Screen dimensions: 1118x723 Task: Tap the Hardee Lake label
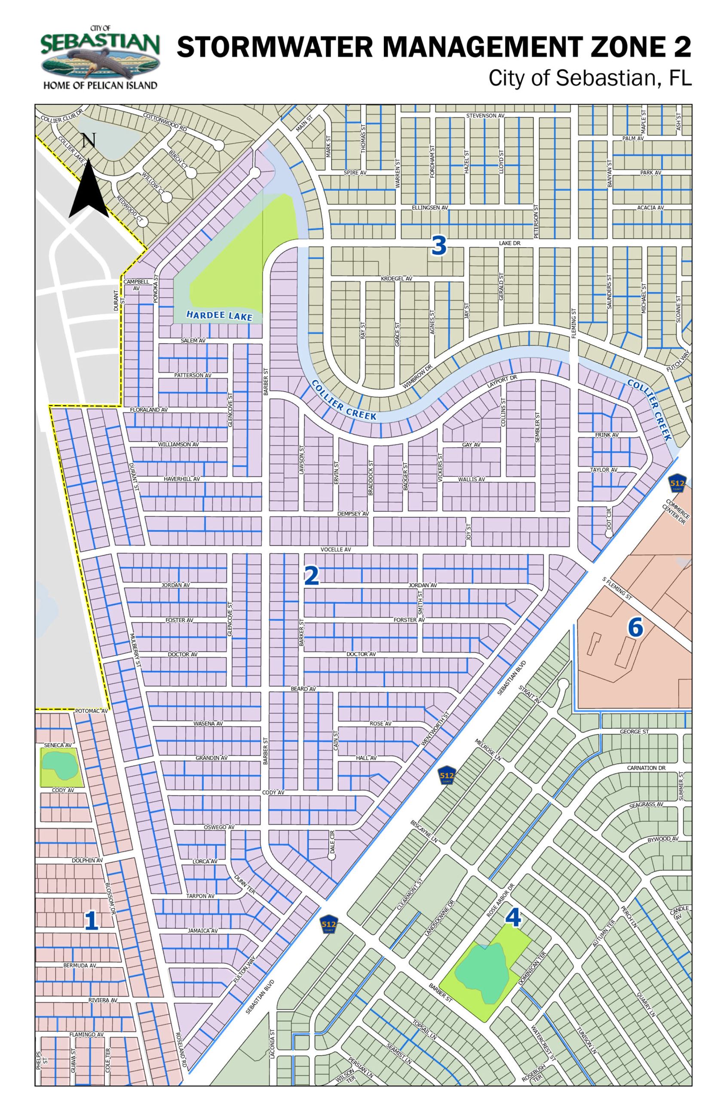[219, 316]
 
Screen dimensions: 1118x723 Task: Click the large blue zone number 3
[439, 246]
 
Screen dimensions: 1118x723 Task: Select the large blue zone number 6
[635, 627]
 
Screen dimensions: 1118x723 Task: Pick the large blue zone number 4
[513, 917]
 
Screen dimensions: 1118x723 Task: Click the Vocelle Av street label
[336, 550]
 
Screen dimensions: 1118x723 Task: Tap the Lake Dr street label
[509, 243]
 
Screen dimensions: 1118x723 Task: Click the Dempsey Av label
[353, 514]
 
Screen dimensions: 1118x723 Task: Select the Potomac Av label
[91, 711]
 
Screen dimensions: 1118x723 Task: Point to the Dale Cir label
[332, 842]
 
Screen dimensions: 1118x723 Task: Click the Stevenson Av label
[485, 116]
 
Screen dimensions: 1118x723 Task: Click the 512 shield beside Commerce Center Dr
[677, 483]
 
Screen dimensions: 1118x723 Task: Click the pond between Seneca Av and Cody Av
[60, 765]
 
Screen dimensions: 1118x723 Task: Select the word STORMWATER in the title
[275, 47]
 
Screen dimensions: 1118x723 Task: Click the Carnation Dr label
[646, 768]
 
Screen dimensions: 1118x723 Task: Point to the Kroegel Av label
[396, 279]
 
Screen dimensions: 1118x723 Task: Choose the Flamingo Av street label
[86, 1035]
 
